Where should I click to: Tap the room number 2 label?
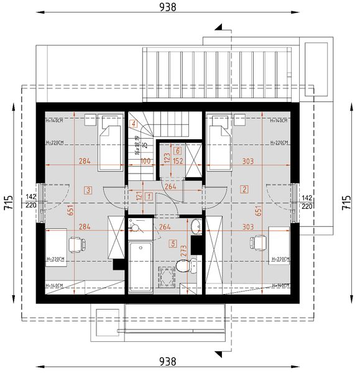click(x=245, y=189)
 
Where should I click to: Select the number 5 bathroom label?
click(x=172, y=243)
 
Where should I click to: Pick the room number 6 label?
click(x=178, y=150)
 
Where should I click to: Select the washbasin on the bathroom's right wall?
click(x=195, y=226)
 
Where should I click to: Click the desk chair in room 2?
click(x=256, y=244)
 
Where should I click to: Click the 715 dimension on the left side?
click(x=8, y=205)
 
